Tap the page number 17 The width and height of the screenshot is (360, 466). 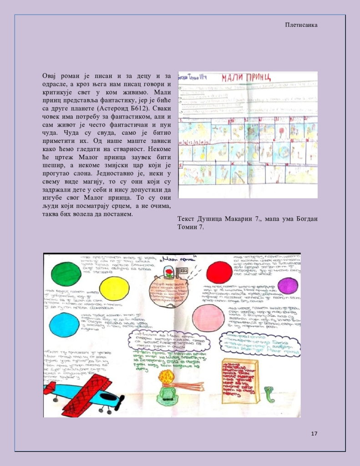pos(314,433)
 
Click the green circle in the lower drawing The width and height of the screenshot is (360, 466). pos(66,274)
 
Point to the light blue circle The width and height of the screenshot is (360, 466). pos(64,324)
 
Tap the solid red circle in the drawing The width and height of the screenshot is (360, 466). pos(219,272)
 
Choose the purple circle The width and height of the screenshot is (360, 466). pos(288,286)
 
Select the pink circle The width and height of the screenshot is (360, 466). pos(208,318)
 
